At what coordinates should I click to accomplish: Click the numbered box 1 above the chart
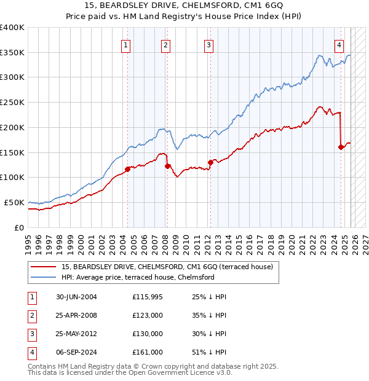[125, 44]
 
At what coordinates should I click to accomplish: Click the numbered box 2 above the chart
[166, 44]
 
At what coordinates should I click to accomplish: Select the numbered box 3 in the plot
[208, 44]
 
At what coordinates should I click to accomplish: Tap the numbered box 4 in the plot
[339, 44]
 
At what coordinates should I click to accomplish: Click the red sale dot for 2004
[128, 169]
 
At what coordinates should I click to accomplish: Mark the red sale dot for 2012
[210, 162]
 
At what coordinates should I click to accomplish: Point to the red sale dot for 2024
[341, 147]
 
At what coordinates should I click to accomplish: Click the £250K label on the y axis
[12, 102]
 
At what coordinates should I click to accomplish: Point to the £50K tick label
[14, 202]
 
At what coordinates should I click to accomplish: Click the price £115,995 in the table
[148, 297]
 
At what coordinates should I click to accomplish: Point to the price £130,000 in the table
[148, 334]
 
